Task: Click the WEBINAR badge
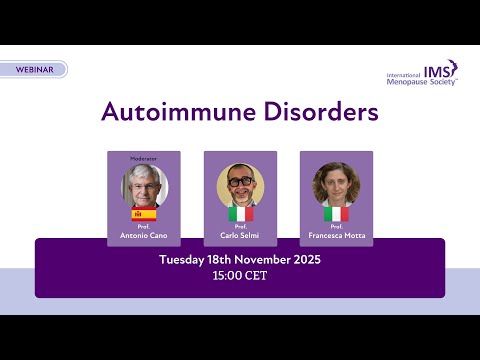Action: coord(35,70)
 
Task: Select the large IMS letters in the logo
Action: coord(438,70)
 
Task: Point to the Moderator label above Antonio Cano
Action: coord(144,158)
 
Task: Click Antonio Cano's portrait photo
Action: coord(144,185)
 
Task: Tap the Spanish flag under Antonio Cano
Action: coord(144,214)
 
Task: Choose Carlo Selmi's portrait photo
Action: coord(240,184)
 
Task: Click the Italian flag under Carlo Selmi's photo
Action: coord(240,214)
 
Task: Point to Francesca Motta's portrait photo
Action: coord(336,184)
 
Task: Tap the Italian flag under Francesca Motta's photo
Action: coord(336,214)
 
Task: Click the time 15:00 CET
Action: coord(240,276)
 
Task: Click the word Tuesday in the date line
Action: coord(187,260)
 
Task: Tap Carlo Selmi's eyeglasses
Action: coord(240,181)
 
